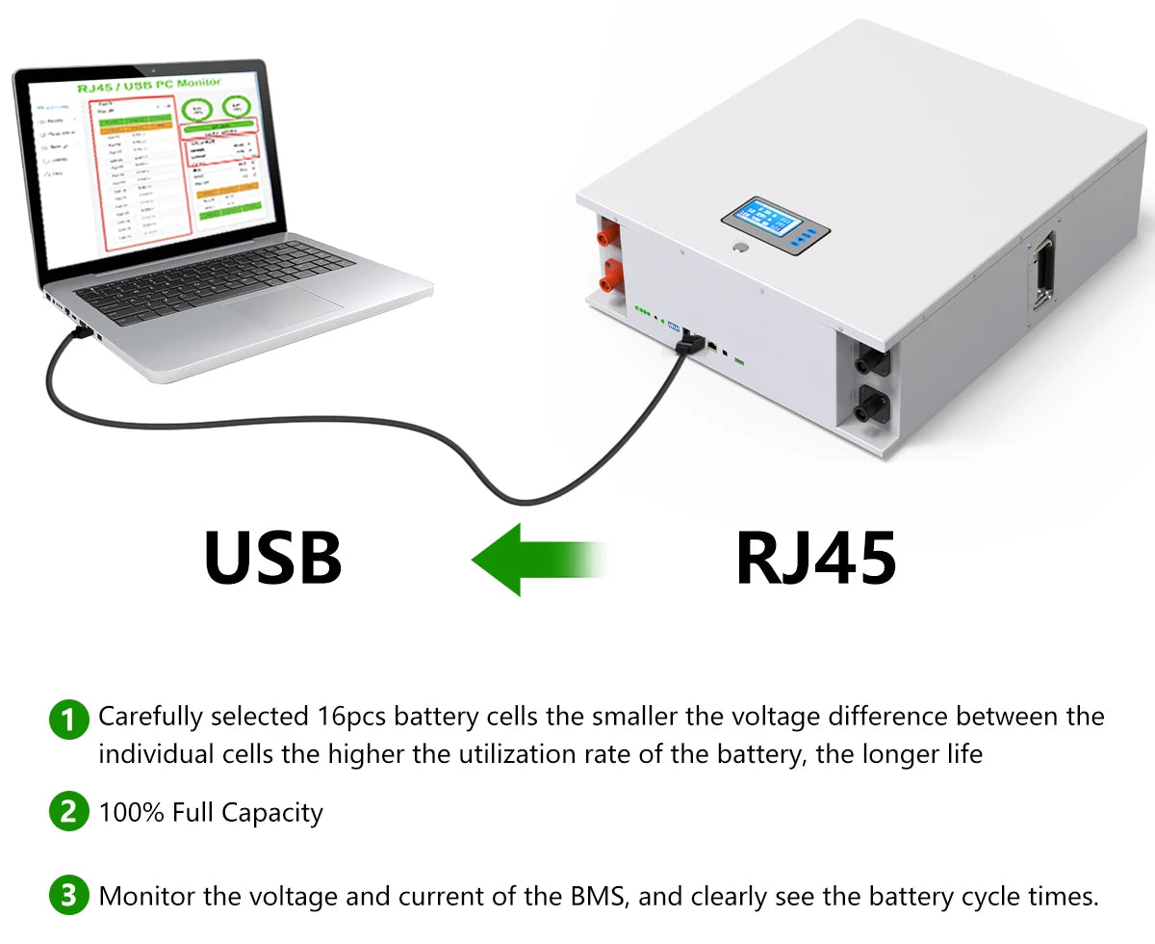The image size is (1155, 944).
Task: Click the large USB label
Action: pyautogui.click(x=273, y=558)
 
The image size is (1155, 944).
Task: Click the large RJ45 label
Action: pyautogui.click(x=816, y=558)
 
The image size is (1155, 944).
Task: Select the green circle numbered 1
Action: pyautogui.click(x=67, y=719)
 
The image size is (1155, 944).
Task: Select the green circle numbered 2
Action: pyautogui.click(x=67, y=812)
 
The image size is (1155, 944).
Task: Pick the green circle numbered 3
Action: pyautogui.click(x=67, y=897)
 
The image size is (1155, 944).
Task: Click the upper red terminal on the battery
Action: pyautogui.click(x=608, y=235)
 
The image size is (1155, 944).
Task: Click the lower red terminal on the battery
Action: pyautogui.click(x=608, y=280)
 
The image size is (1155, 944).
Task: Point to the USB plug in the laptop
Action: pyautogui.click(x=81, y=333)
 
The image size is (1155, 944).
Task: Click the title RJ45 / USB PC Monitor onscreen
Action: pyautogui.click(x=149, y=85)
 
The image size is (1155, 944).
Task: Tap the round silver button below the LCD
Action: pyautogui.click(x=739, y=249)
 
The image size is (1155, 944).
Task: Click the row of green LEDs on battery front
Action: pyautogui.click(x=642, y=311)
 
